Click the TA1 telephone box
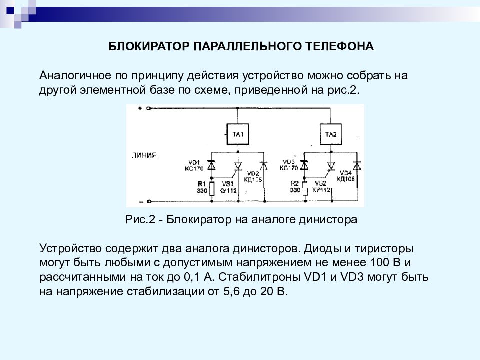pyautogui.click(x=238, y=134)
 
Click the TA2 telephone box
pyautogui.click(x=331, y=134)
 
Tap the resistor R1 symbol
pyautogui.click(x=211, y=188)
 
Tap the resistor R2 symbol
pyautogui.click(x=305, y=188)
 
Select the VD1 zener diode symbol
pyautogui.click(x=211, y=165)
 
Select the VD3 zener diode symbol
pyautogui.click(x=304, y=165)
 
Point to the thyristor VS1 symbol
pyautogui.click(x=237, y=167)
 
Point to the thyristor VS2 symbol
pyautogui.click(x=330, y=167)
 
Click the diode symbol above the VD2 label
pyautogui.click(x=264, y=165)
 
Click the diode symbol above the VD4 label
pyautogui.click(x=357, y=165)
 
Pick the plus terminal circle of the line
pyautogui.click(x=149, y=108)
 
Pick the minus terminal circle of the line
pyautogui.click(x=149, y=201)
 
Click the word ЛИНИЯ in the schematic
pyautogui.click(x=144, y=155)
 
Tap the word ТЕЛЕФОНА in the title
pyautogui.click(x=340, y=46)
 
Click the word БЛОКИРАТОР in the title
pyautogui.click(x=149, y=46)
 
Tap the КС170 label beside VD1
pyautogui.click(x=194, y=168)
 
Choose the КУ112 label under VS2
pyautogui.click(x=321, y=190)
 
